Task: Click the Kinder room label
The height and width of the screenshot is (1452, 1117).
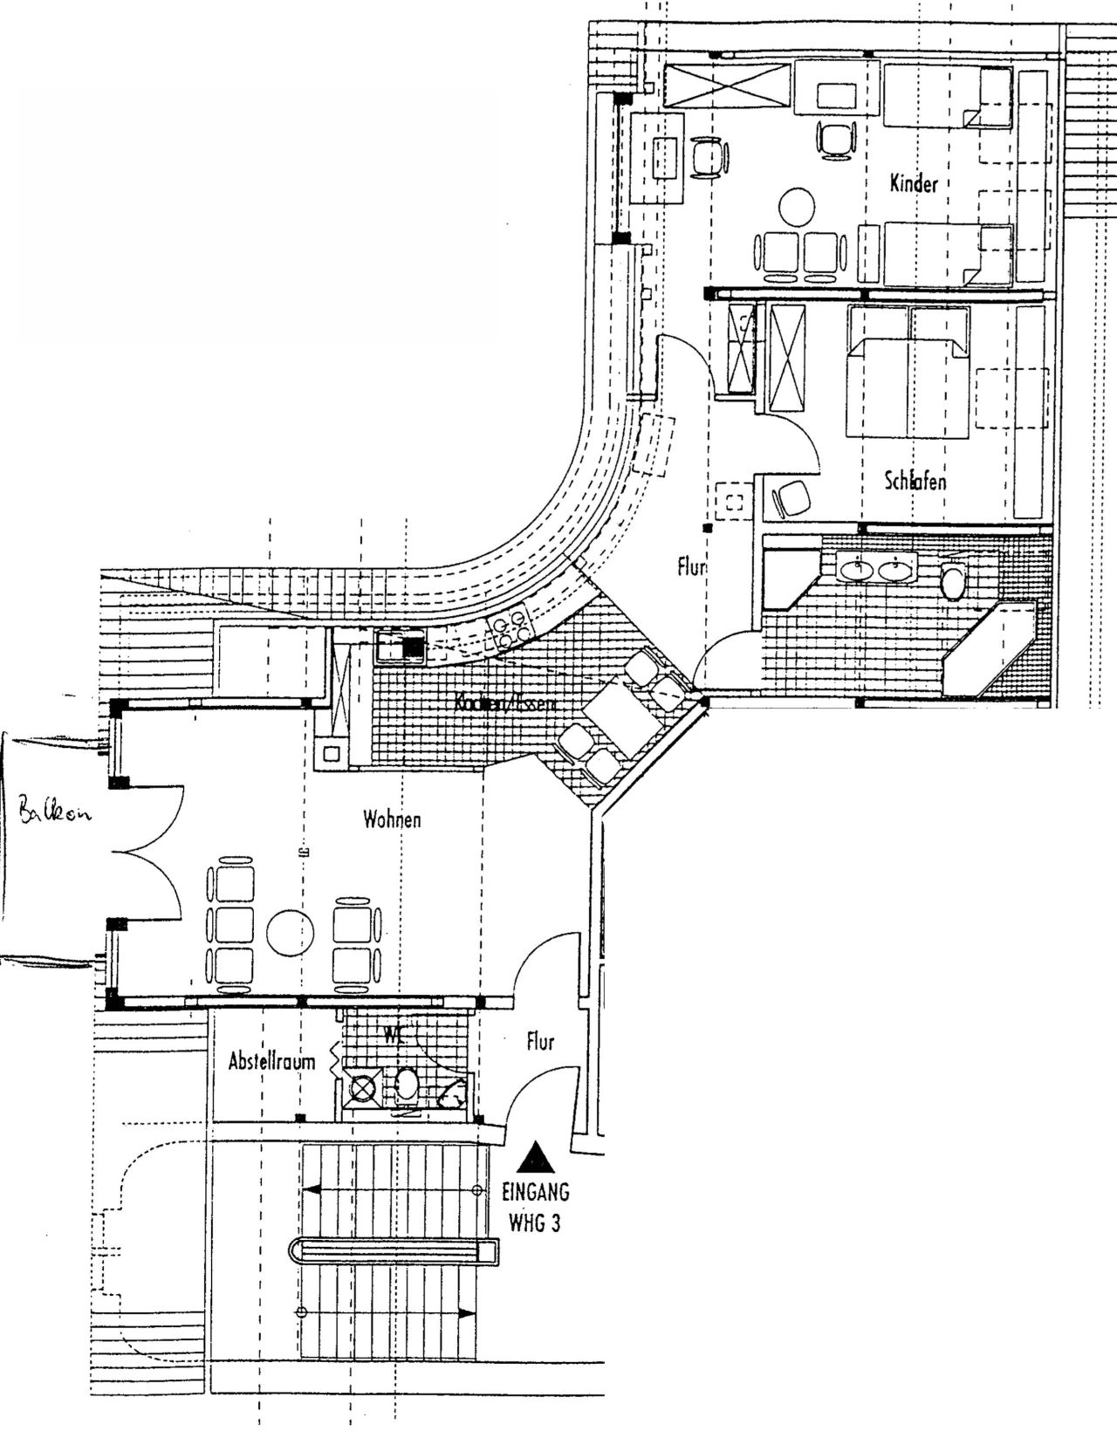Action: (914, 184)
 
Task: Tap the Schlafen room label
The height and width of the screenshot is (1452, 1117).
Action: (915, 482)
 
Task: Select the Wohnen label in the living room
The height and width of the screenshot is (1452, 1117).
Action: (393, 819)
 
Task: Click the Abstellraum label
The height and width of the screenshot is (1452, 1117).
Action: (271, 1062)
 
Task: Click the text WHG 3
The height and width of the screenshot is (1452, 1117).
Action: (535, 1223)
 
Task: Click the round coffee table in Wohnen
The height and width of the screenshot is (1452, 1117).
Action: (290, 933)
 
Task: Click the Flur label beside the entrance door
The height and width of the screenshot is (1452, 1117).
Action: (541, 1042)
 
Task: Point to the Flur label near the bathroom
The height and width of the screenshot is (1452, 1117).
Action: (691, 568)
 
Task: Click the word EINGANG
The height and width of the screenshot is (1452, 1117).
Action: (536, 1192)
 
